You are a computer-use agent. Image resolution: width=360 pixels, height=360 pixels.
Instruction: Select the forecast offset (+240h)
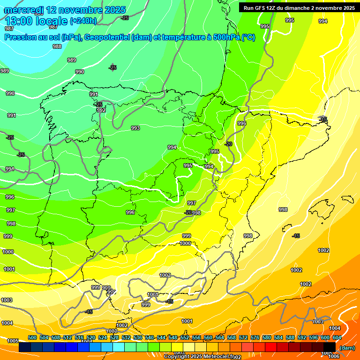pos(83,21)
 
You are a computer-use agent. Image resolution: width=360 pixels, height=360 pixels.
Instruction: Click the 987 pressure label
pos(9,29)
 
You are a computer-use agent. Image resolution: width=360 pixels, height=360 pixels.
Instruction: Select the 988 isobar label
pos(57,46)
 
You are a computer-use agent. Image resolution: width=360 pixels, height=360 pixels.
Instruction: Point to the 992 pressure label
pos(101,110)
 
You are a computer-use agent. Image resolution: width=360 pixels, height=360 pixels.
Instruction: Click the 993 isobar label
pos(135,128)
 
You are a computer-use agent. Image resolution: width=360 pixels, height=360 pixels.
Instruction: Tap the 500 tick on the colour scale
pos(32,337)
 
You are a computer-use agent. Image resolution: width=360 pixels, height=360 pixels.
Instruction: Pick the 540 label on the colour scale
pos(150,337)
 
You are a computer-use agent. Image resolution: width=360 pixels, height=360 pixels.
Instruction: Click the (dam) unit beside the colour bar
pos(347,348)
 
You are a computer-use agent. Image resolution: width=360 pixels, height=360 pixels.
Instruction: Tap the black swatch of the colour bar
pos(330,347)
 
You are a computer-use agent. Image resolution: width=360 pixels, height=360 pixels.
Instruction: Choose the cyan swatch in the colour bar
pos(119,347)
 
